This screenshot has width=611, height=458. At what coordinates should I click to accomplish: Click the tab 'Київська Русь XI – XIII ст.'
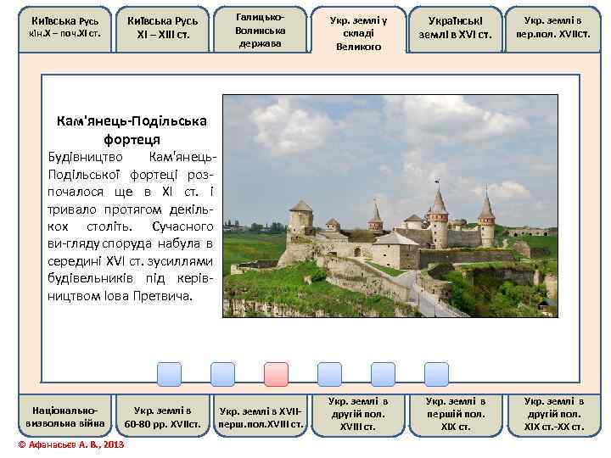click(x=162, y=28)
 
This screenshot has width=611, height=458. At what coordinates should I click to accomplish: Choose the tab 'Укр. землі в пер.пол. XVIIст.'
click(x=553, y=27)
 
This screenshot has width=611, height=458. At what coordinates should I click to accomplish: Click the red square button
click(x=276, y=374)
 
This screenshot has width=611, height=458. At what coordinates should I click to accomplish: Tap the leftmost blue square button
click(x=170, y=374)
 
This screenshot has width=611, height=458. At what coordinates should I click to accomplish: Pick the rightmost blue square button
click(x=436, y=374)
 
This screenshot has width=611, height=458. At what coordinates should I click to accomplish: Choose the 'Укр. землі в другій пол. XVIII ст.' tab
click(x=358, y=414)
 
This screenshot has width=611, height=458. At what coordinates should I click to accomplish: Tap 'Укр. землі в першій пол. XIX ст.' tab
click(x=456, y=414)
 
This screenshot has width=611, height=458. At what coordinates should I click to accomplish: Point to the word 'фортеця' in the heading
click(x=132, y=137)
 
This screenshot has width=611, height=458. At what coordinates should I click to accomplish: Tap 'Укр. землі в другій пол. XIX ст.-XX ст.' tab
click(x=553, y=414)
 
